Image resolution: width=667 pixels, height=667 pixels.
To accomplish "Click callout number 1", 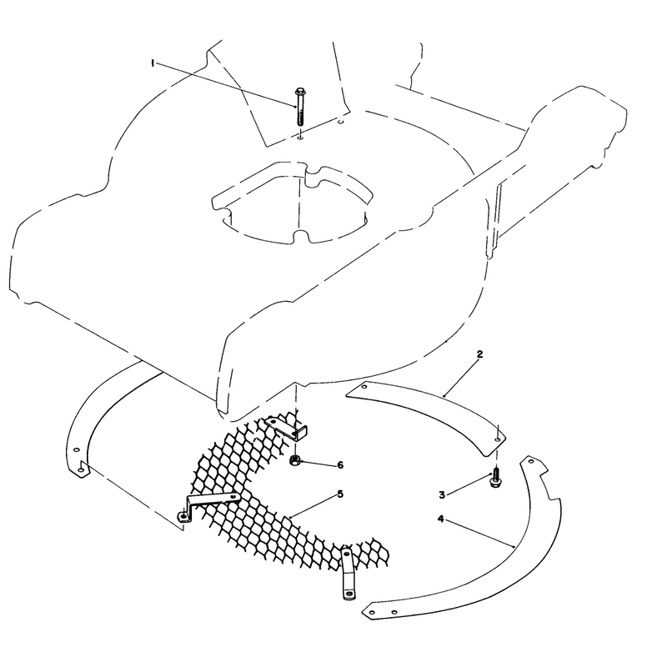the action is tap(153, 63).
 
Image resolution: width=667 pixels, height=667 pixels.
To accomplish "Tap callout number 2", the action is tap(479, 354).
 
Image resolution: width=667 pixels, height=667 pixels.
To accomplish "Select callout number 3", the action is tap(442, 494).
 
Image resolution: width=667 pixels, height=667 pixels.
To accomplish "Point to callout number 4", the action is tap(441, 519).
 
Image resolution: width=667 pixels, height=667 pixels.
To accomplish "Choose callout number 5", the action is tap(340, 494).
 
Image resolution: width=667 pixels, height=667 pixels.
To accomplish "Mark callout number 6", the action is tap(340, 465).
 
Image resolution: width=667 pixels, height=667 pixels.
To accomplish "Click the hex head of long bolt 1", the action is tap(299, 91).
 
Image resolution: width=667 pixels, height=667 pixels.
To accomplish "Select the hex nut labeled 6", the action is tap(295, 461).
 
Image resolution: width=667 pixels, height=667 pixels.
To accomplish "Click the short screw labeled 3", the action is tap(495, 478).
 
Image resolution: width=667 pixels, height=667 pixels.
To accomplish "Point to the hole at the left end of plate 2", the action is tap(364, 387).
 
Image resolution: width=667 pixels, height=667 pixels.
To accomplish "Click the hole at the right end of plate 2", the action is tap(496, 439).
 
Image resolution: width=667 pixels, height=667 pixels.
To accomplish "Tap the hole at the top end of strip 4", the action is tap(530, 461).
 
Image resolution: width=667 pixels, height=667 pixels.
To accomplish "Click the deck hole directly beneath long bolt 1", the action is tap(300, 138).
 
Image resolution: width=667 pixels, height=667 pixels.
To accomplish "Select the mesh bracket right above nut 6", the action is tap(287, 429).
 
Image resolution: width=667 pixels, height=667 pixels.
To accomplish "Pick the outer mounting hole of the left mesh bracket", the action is tap(183, 516).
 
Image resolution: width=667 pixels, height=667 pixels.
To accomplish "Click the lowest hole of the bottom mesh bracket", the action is tap(349, 593).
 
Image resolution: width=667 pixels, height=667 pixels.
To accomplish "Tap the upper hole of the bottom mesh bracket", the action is tap(347, 554).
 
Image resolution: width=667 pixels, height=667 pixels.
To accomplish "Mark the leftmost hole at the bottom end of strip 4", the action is tap(372, 612).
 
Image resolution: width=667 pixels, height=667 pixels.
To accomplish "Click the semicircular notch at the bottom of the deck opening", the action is tap(301, 235).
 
